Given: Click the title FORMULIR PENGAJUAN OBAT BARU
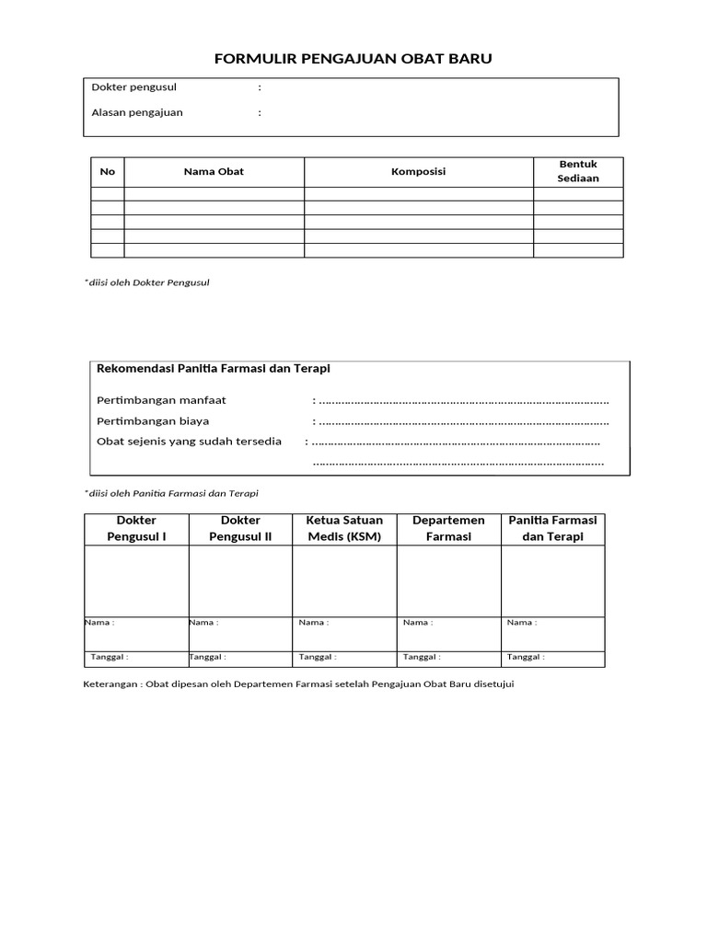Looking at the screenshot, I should pyautogui.click(x=353, y=59).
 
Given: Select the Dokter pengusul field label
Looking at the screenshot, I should pyautogui.click(x=134, y=87).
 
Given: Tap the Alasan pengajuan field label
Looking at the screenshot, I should pyautogui.click(x=137, y=112).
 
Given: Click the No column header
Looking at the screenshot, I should pyautogui.click(x=108, y=172).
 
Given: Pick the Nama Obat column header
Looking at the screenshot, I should pyautogui.click(x=214, y=172).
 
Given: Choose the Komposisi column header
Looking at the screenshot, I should pyautogui.click(x=419, y=172).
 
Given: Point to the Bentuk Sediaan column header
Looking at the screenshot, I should pyautogui.click(x=578, y=171).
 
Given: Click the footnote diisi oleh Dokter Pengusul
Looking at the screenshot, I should pyautogui.click(x=148, y=282).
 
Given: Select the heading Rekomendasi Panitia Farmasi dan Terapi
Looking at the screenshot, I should pyautogui.click(x=214, y=369).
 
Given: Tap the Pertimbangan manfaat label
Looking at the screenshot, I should pyautogui.click(x=162, y=400).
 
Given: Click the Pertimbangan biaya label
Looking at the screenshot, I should pyautogui.click(x=154, y=421).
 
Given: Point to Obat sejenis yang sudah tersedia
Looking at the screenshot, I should pyautogui.click(x=190, y=442).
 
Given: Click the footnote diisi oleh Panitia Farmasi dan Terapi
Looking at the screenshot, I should pyautogui.click(x=173, y=494).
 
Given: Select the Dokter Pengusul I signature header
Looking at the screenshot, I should pyautogui.click(x=137, y=529).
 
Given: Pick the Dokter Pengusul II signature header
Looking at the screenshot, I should pyautogui.click(x=241, y=529).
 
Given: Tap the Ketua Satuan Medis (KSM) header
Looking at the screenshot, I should pyautogui.click(x=345, y=529).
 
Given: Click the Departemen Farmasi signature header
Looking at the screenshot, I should pyautogui.click(x=449, y=529).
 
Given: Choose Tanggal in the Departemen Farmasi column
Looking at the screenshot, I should pyautogui.click(x=419, y=658).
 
